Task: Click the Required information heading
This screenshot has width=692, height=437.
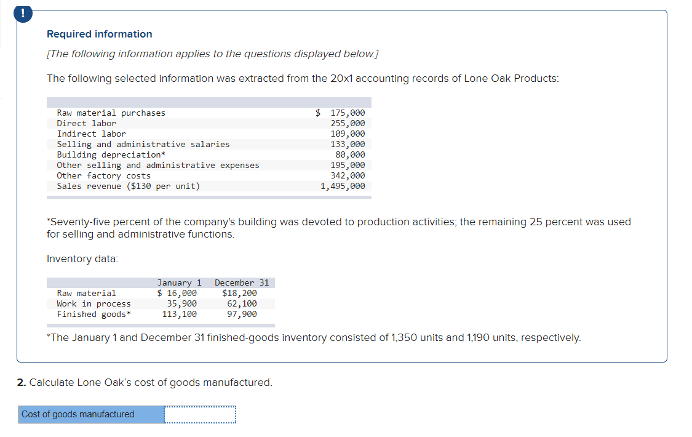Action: [x=100, y=34]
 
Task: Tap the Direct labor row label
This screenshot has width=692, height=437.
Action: [x=87, y=123]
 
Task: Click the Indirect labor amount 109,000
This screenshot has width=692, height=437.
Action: [x=348, y=134]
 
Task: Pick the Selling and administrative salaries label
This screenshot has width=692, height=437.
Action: [x=143, y=144]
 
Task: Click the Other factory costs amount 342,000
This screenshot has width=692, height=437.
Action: [x=348, y=175]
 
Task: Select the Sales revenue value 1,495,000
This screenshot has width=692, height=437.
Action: [x=343, y=186]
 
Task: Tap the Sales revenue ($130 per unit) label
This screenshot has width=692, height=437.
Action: [x=129, y=186]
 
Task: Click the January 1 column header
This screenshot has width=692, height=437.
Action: [x=180, y=283]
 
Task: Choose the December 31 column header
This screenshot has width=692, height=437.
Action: [x=242, y=283]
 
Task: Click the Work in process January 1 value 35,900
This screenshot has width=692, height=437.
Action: [x=182, y=303]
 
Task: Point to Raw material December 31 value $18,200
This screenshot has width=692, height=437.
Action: [x=239, y=293]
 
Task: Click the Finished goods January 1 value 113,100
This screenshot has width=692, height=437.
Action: [x=180, y=314]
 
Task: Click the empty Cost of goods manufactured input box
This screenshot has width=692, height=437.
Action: [x=200, y=414]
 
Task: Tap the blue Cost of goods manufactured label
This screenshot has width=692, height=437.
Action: [x=78, y=414]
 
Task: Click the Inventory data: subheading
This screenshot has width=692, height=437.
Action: [x=82, y=259]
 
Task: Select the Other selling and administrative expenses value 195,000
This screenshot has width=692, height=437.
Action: [x=348, y=165]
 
